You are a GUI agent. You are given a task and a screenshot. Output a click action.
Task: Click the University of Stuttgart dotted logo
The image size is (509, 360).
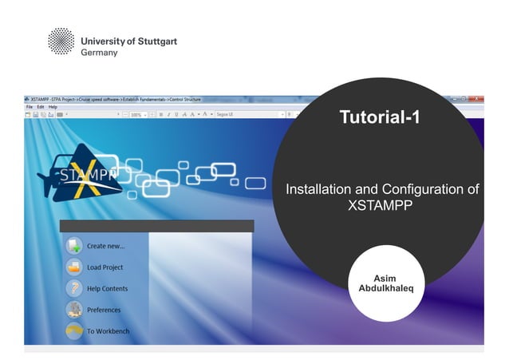[61, 42]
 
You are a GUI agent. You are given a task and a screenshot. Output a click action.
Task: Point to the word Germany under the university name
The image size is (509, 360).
[99, 53]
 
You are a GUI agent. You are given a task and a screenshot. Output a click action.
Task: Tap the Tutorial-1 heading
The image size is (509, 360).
[380, 118]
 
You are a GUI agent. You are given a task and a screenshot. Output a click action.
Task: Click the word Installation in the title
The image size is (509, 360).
[317, 189]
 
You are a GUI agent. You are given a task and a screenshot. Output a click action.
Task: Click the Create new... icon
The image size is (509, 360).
[74, 246]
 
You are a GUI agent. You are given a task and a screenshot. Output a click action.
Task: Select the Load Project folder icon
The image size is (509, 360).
[74, 267]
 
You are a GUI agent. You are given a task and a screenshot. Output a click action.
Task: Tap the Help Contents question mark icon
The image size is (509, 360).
[74, 289]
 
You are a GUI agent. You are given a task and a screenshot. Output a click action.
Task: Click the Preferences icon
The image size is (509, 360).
[74, 310]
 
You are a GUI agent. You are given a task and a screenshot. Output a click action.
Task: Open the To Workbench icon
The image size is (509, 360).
[74, 330]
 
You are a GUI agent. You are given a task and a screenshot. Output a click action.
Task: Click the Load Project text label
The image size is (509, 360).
[105, 267]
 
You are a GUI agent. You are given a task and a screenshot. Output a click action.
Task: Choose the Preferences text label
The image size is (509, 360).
[104, 310]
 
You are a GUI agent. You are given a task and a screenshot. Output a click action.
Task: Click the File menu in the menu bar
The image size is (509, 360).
[29, 107]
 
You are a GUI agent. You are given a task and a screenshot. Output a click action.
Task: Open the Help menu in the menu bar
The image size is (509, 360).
[53, 107]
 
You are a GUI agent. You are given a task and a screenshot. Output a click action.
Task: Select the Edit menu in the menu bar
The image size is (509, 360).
[40, 107]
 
